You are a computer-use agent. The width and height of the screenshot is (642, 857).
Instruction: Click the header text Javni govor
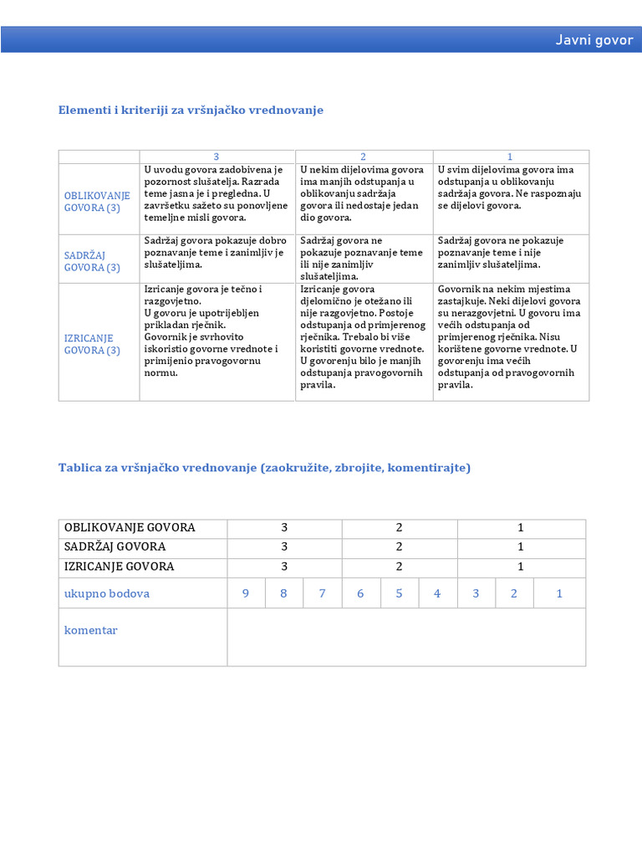[594, 40]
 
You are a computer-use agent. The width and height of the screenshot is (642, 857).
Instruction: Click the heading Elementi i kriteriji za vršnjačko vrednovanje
[191, 110]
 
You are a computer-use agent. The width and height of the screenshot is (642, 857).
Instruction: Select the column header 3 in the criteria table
[217, 157]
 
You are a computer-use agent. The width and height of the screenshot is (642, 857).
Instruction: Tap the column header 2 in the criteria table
[364, 157]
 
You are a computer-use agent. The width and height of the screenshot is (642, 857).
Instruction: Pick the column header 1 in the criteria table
[510, 157]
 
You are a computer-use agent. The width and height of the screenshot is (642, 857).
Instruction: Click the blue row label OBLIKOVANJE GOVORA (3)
[97, 202]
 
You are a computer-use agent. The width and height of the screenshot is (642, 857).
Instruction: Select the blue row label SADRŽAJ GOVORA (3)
[92, 261]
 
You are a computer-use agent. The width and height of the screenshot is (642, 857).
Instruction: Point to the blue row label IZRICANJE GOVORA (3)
[92, 344]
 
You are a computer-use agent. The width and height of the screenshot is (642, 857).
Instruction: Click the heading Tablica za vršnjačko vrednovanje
[264, 468]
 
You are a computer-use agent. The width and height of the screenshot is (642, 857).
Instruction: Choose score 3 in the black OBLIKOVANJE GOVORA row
[284, 527]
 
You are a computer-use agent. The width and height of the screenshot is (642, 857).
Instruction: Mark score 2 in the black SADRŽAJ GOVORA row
[400, 547]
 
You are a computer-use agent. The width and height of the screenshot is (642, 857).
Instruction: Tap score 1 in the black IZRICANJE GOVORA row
[521, 567]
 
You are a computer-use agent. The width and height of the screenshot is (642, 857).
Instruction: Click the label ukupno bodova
[107, 593]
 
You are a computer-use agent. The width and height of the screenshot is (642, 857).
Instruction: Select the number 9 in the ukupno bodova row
[246, 593]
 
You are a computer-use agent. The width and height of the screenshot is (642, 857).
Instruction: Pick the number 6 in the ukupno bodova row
[360, 593]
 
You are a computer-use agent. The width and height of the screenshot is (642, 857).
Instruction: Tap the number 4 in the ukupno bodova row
[437, 593]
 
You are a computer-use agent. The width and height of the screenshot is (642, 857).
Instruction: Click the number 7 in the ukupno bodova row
[323, 593]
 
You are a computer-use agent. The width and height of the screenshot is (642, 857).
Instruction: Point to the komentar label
[91, 630]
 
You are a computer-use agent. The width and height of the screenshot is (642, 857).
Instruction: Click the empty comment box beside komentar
[406, 637]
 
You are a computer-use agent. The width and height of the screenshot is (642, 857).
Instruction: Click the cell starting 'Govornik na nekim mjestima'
[510, 337]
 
